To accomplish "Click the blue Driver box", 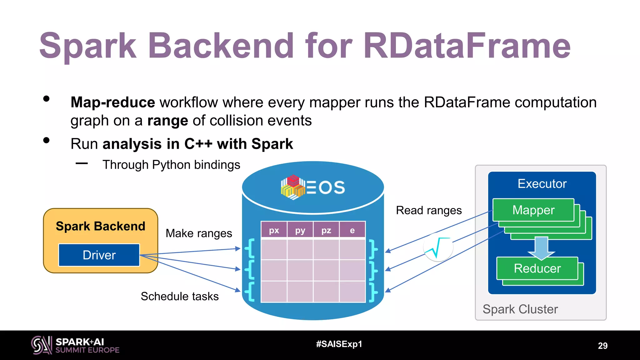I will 99,255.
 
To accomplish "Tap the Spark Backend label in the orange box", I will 100,226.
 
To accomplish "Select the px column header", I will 274,230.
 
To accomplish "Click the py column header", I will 300,230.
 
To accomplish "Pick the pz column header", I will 326,230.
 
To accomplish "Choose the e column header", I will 352,230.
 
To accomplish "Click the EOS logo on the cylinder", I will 313,187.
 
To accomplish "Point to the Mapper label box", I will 533,210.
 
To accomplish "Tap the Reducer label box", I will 537,268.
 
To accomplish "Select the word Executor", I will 542,184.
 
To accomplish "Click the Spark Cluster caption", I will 520,309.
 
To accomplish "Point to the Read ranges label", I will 429,210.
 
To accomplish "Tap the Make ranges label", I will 199,233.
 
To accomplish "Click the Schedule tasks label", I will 180,296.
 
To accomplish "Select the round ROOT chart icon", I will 438,247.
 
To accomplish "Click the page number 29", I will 602,346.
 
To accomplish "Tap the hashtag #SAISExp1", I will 339,344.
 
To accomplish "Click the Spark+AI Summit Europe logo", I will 75,345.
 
